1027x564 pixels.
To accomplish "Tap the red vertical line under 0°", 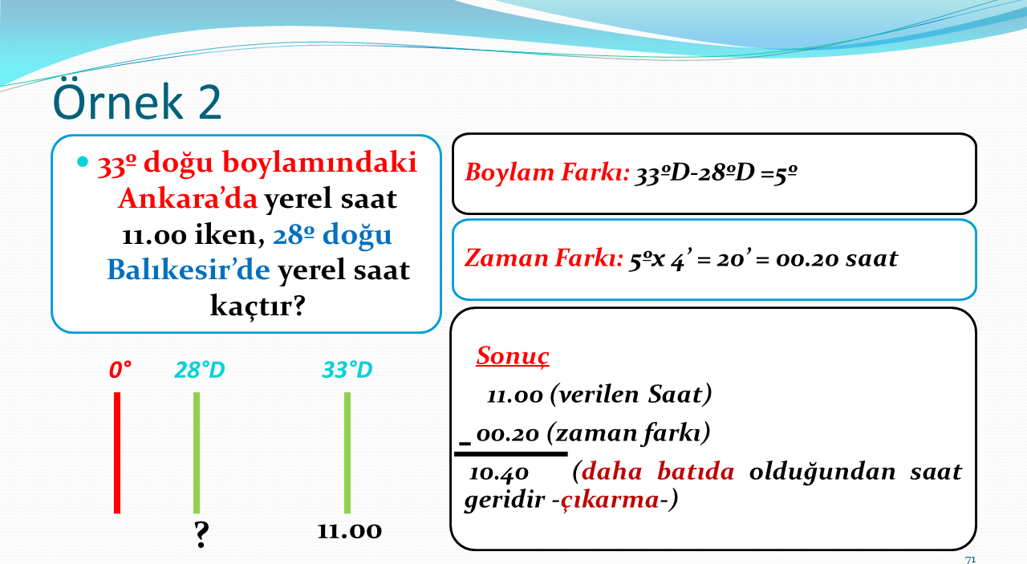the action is tap(117, 452).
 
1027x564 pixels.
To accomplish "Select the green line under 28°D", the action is tap(197, 452).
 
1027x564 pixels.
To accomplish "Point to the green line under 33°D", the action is tap(347, 452).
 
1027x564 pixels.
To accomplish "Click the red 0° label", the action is tap(120, 370).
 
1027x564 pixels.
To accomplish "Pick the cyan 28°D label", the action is tap(200, 370).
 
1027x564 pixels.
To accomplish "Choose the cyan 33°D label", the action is tap(347, 370).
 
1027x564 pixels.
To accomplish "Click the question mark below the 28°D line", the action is tap(201, 534).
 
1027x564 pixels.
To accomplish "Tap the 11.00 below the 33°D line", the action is tap(349, 531).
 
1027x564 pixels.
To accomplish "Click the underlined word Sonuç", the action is tap(513, 356).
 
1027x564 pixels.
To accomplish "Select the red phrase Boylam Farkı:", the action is tap(547, 172).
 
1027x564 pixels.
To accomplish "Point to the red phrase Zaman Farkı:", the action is tap(544, 258).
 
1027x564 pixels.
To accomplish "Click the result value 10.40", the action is tap(499, 473).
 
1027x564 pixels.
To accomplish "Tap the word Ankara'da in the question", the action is tap(188, 198).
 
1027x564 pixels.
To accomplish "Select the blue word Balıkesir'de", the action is tap(189, 270).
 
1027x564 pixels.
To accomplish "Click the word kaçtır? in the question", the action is tap(258, 306).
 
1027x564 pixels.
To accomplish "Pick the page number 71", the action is tap(970, 560).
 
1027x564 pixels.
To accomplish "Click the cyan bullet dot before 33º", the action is tap(83, 161).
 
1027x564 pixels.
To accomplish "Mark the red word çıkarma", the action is tap(610, 500).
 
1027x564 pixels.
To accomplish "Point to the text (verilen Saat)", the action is tap(631, 395).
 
